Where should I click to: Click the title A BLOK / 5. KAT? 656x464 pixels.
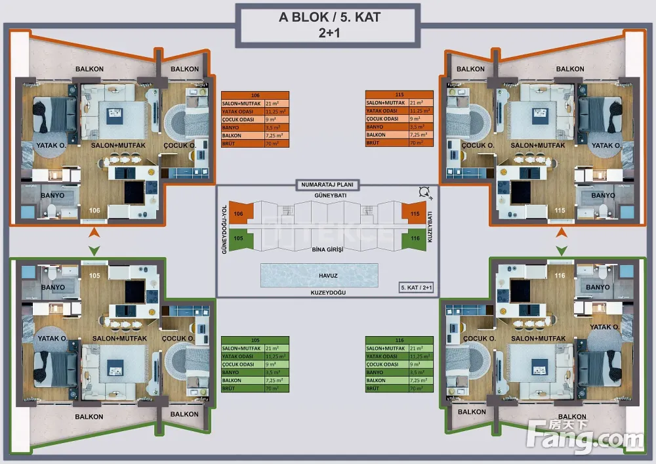[329, 18]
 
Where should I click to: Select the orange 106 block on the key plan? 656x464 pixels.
[239, 214]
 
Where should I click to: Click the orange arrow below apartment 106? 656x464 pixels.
[94, 232]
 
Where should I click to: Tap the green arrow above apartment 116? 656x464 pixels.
[562, 250]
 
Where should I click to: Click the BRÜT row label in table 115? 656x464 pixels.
[373, 142]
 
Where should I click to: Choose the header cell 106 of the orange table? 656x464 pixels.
[255, 95]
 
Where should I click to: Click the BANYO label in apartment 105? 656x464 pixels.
[53, 287]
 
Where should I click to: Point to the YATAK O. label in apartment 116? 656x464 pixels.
[605, 326]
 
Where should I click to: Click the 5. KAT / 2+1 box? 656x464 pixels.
[417, 287]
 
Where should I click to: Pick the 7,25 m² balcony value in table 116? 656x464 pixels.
[415, 381]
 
